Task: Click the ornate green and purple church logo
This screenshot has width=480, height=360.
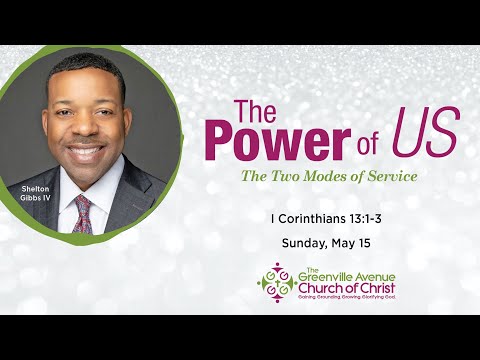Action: click(275, 282)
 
